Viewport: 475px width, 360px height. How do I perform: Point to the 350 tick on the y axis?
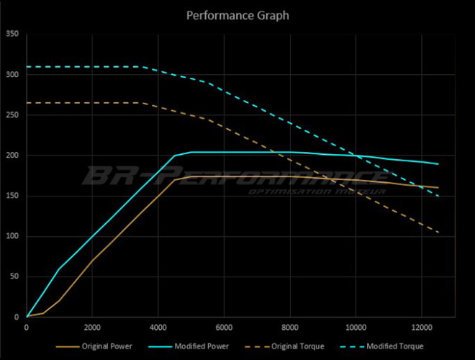[12, 34]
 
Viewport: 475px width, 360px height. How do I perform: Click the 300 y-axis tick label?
[12, 74]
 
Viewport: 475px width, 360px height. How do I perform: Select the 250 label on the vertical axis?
[12, 114]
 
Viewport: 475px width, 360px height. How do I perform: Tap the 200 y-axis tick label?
[12, 155]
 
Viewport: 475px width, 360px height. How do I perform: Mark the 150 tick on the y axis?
[12, 195]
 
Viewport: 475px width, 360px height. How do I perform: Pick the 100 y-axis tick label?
[12, 236]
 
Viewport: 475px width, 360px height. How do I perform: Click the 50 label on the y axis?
[14, 276]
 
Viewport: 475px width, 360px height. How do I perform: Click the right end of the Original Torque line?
[438, 233]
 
